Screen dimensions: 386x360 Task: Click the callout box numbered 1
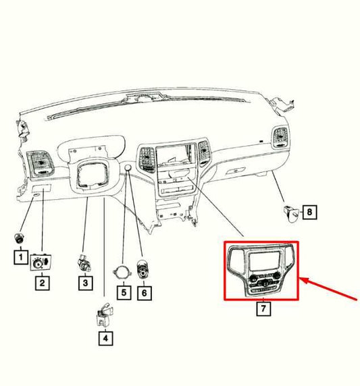[x=20, y=257]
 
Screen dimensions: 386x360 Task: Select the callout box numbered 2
[x=42, y=283]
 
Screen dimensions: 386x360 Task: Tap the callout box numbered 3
[x=84, y=283]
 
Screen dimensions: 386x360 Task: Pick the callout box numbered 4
[x=105, y=340]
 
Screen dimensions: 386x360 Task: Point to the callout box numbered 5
[x=122, y=293]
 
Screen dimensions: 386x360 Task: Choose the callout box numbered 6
[x=143, y=293]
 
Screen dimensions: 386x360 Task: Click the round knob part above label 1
[x=20, y=237]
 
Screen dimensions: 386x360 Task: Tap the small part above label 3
[x=84, y=262]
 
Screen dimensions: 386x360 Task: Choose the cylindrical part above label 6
[x=143, y=268]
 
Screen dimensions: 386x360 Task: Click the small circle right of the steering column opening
[x=126, y=167]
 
